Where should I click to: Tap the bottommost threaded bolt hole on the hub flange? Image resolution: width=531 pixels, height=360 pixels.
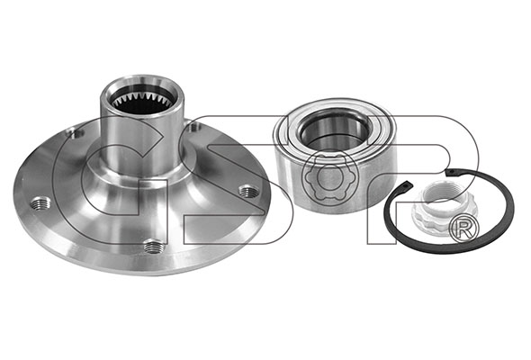coord(154,247)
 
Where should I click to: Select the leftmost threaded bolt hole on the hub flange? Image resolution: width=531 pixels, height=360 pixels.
coord(40,204)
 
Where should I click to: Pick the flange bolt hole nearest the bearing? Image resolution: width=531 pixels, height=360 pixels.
coord(249,191)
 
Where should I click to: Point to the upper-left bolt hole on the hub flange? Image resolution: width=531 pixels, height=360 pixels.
coord(75,134)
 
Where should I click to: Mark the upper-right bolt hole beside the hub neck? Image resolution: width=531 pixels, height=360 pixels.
coord(194,127)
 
